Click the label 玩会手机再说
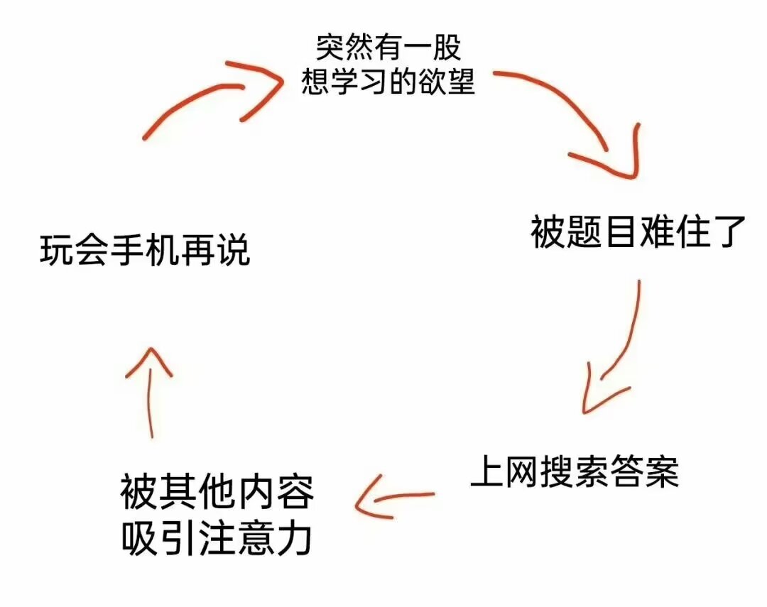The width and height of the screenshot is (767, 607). tap(145, 251)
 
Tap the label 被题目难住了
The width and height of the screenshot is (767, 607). tap(638, 231)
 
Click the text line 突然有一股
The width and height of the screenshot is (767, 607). tap(388, 48)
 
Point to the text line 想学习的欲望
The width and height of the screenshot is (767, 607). tap(388, 81)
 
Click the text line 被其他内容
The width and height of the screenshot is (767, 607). tap(217, 491)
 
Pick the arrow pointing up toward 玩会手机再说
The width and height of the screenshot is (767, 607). tap(150, 391)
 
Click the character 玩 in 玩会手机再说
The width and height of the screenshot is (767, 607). tap(56, 251)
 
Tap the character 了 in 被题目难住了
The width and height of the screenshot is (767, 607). tap(729, 232)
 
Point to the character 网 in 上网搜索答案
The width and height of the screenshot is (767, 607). tap(522, 471)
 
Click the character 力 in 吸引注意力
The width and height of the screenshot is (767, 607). tap(295, 538)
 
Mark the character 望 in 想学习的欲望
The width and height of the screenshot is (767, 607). tap(461, 81)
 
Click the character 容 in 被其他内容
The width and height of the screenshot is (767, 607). tap(295, 491)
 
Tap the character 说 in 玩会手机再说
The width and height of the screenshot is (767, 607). tap(234, 251)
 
